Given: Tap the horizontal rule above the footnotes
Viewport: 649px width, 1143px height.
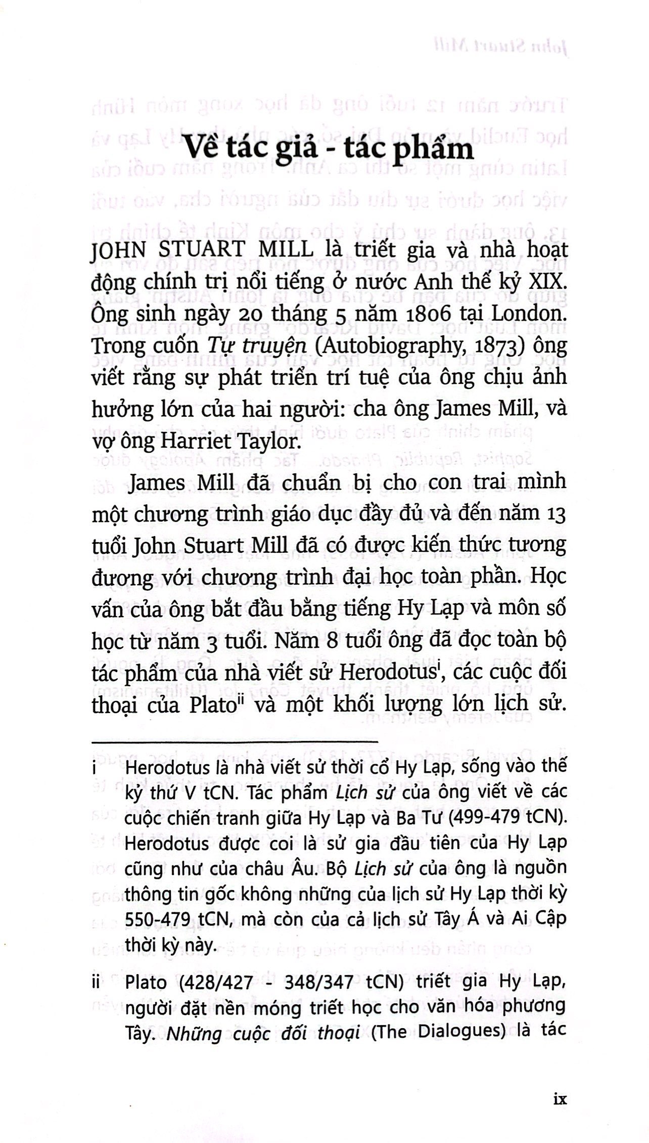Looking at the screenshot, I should coord(235,741).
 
